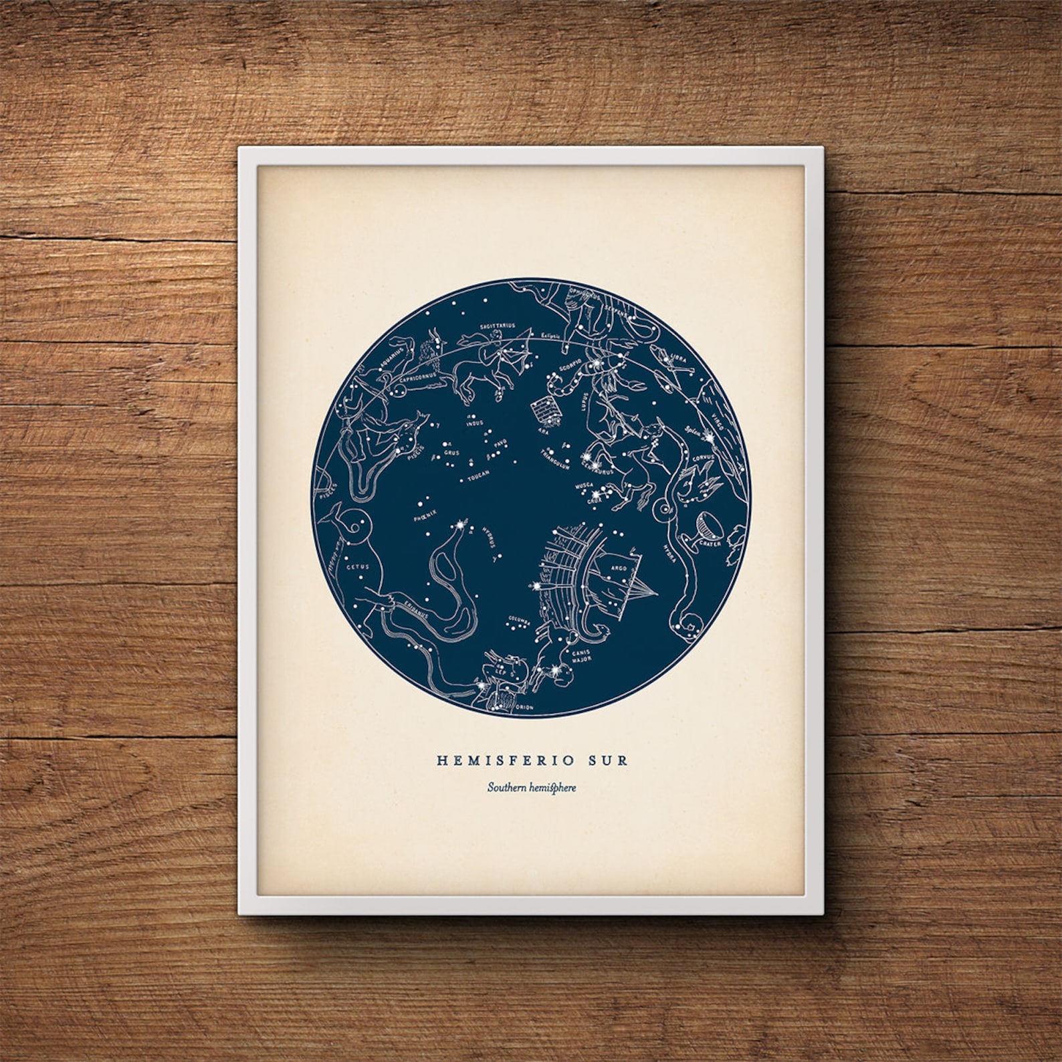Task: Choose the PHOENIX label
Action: click(x=425, y=513)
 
